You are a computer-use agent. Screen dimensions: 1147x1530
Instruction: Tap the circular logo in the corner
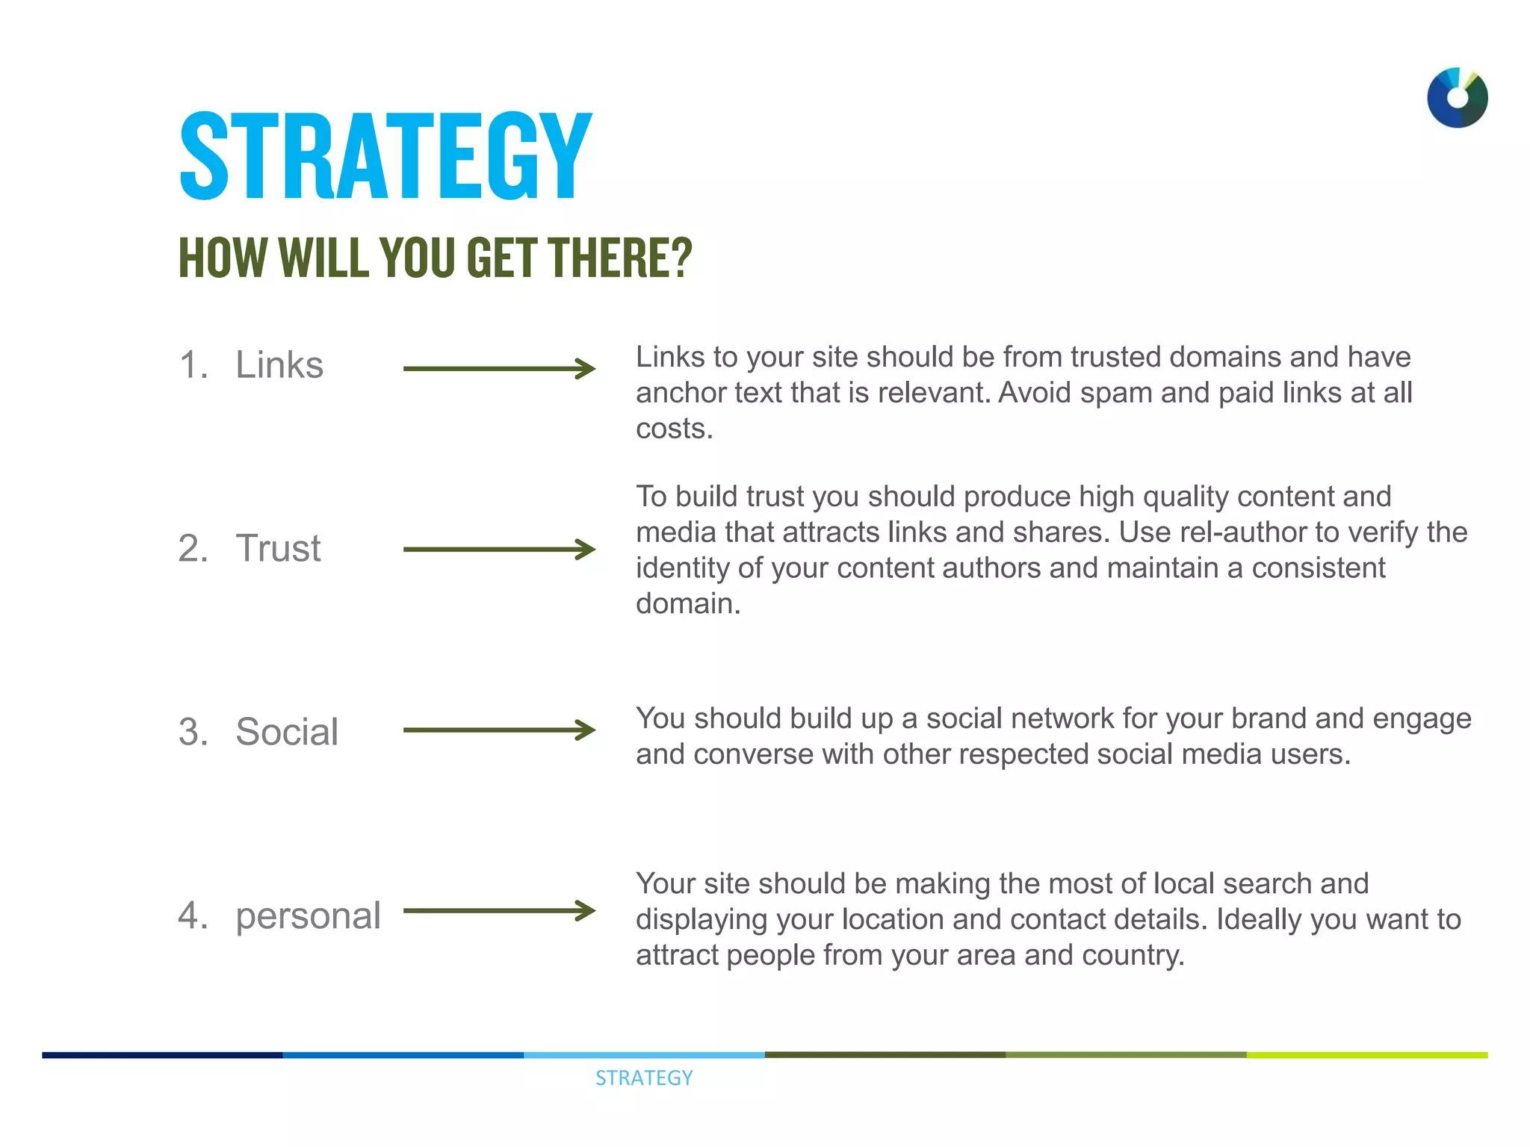coord(1457,98)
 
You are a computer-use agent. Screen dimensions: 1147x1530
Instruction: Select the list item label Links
coord(279,365)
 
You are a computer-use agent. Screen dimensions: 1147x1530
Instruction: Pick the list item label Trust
coord(278,548)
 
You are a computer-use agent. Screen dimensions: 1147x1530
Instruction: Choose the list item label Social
coord(287,731)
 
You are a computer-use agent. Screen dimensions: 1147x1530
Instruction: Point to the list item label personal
coord(308,915)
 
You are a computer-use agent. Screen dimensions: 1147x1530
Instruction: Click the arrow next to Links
coord(499,368)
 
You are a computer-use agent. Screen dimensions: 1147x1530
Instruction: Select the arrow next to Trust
coord(499,550)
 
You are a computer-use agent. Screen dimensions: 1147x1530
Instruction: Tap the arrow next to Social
coord(499,730)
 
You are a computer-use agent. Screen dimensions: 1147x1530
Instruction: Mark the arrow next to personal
coord(499,910)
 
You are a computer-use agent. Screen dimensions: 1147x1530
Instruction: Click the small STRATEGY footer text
coord(644,1078)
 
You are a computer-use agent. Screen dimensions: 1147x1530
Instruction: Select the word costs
coord(674,429)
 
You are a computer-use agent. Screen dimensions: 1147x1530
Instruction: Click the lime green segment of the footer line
coord(1367,1055)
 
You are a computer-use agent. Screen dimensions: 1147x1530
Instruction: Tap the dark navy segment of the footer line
coord(162,1055)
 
